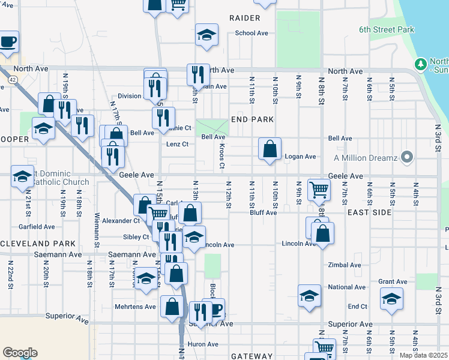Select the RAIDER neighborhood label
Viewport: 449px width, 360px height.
[244, 18]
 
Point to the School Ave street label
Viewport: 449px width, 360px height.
[251, 33]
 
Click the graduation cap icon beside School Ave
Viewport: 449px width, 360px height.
[206, 35]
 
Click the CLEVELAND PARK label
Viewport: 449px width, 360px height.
[38, 244]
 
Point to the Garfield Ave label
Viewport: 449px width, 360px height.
[37, 227]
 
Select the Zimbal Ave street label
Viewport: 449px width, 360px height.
[345, 265]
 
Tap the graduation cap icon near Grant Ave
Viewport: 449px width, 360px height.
[391, 298]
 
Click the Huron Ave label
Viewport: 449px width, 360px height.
[204, 344]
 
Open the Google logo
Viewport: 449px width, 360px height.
[20, 353]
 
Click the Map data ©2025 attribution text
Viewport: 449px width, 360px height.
[424, 355]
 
